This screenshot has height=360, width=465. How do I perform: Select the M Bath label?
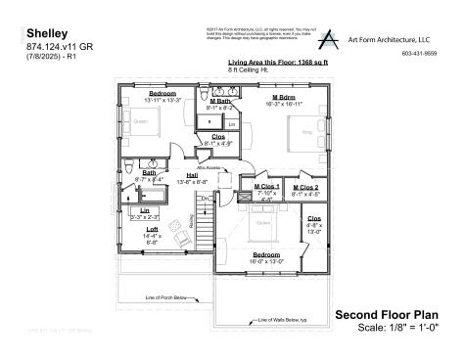click(x=221, y=101)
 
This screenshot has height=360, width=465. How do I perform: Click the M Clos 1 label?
click(x=267, y=186)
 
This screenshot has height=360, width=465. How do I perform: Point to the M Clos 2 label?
click(x=307, y=186)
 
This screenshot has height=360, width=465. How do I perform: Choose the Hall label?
click(x=193, y=175)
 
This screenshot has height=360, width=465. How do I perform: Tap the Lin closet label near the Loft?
click(x=145, y=210)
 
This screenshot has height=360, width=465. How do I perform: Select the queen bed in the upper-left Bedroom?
click(x=139, y=122)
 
